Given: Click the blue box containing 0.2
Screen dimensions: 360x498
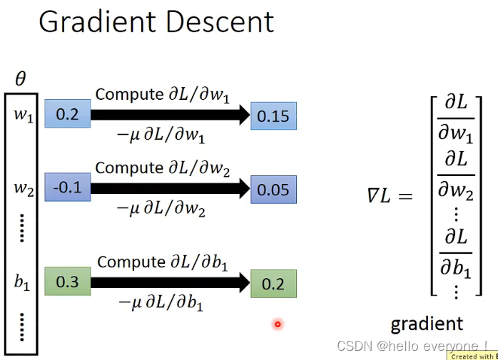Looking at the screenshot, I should pos(67,114).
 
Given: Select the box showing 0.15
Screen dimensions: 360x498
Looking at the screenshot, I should pos(273,115).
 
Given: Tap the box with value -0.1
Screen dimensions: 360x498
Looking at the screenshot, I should pos(67,188).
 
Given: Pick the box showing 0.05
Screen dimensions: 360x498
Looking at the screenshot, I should pos(273,190).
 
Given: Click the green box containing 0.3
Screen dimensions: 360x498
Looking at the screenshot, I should pos(67,282).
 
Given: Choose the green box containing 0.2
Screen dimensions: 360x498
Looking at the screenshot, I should pos(273,284).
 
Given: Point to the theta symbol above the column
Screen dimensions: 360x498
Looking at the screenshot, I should pos(20,78).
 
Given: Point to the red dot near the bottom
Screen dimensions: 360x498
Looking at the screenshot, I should pos(278,325).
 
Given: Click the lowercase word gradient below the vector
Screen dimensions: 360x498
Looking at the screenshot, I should pos(427,324).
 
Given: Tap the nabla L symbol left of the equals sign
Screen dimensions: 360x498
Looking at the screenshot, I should pos(378,195).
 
